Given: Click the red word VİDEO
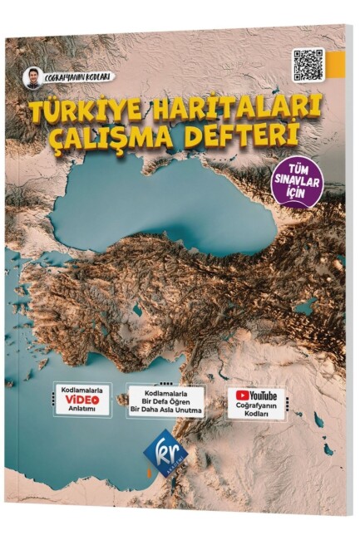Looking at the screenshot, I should pos(81,397).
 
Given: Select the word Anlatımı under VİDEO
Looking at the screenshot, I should pos(81,409).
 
